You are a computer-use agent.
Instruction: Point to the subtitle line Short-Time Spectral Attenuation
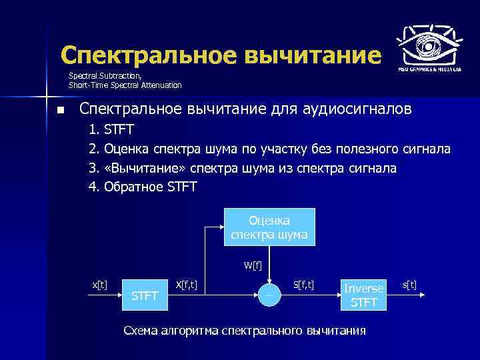pyautogui.click(x=125, y=85)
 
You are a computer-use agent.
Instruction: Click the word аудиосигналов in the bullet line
pyautogui.click(x=359, y=109)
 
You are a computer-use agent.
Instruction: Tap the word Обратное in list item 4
pyautogui.click(x=133, y=187)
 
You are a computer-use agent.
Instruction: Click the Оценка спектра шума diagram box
pyautogui.click(x=269, y=227)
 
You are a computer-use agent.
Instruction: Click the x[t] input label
pyautogui.click(x=99, y=285)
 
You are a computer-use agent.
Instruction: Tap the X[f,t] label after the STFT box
pyautogui.click(x=190, y=285)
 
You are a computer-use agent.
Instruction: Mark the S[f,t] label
pyautogui.click(x=304, y=285)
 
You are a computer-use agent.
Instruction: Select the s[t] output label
pyautogui.click(x=409, y=285)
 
